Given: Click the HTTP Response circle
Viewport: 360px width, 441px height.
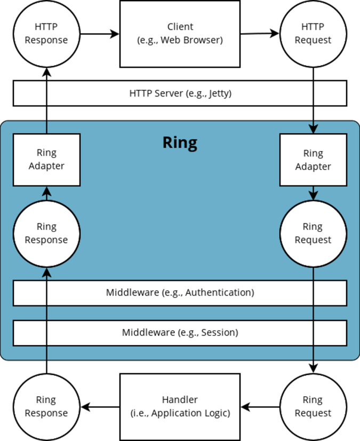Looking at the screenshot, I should pos(46,34).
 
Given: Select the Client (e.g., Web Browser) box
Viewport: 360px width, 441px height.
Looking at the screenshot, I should pos(180,34).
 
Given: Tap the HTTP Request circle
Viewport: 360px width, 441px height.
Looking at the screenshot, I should pos(313,34).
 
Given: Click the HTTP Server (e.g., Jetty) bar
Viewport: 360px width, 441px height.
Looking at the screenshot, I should pos(180,93).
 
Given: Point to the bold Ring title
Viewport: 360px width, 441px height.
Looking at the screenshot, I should pos(180,143).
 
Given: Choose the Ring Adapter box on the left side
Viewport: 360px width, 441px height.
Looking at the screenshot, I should pos(46,159).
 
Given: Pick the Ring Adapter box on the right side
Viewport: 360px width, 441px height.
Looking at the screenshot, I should pos(313,159).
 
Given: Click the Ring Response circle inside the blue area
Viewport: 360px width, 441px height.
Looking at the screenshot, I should pos(46,233).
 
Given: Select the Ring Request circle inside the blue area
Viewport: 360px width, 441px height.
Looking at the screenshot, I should pos(313,233).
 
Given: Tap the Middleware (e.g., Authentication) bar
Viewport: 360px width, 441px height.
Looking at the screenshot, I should pos(180,293).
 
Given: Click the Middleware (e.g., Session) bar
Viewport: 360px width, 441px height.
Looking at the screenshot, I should pos(180,333).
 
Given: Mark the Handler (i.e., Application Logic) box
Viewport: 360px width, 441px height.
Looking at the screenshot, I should pos(180,407).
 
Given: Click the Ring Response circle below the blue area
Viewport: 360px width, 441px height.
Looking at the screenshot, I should pos(46,407).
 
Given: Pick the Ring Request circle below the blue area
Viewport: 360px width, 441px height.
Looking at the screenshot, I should pos(313,407).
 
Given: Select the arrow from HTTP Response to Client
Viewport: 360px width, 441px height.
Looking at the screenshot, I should pos(100,34).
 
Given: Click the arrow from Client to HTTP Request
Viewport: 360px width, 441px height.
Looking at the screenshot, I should pos(260,34).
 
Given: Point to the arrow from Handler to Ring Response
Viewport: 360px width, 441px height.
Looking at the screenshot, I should pos(100,407).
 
